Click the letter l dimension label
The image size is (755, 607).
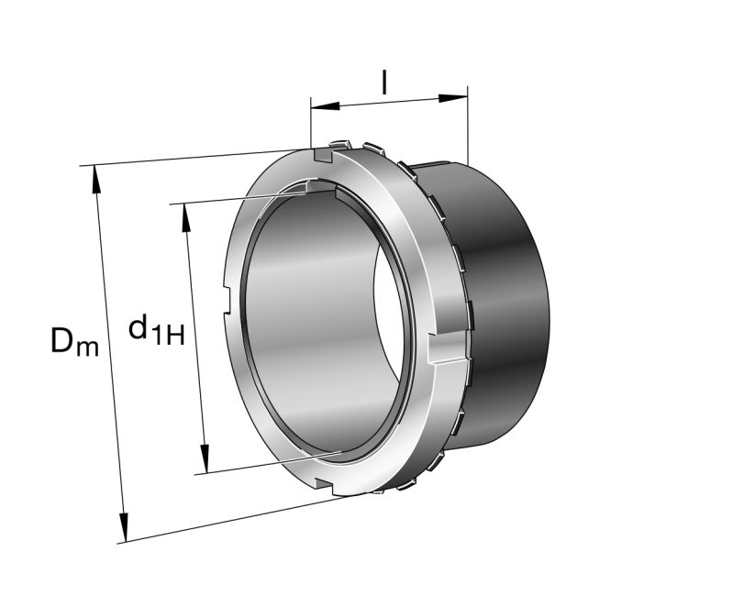pos(384,83)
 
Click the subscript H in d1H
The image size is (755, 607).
pos(174,336)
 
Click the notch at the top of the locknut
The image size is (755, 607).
pos(320,156)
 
